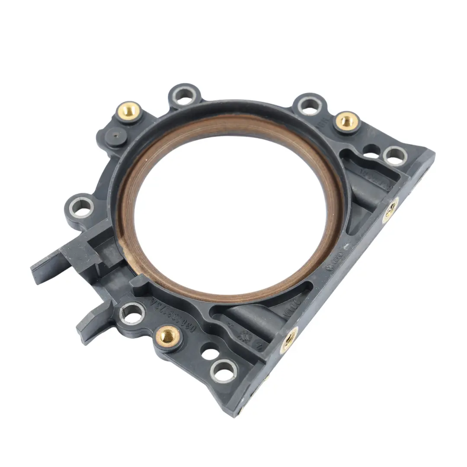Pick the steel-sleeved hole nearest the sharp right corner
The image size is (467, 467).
coord(394,155)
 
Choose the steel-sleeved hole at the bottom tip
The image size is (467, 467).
coord(224,371)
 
